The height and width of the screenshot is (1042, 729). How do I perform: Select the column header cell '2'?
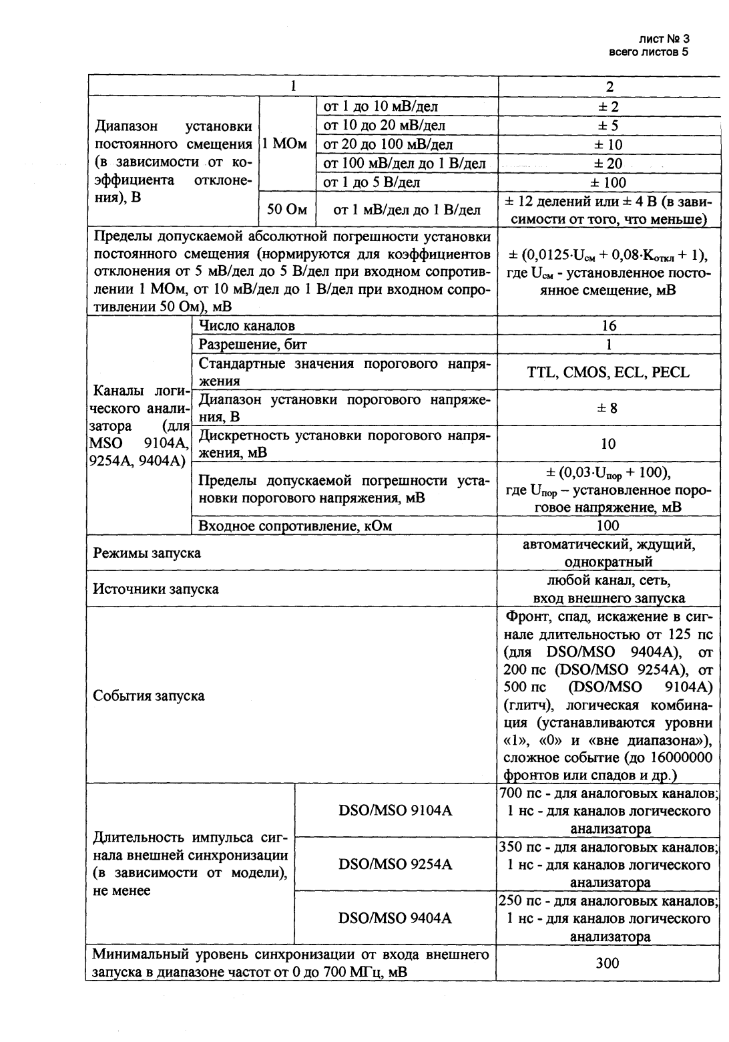[x=608, y=87]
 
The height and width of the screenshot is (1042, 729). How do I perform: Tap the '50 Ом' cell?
[x=287, y=210]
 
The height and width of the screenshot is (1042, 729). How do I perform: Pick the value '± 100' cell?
[x=608, y=182]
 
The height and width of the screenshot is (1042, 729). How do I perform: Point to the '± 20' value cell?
[x=608, y=164]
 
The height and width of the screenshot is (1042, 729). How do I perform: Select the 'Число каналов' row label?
[x=247, y=326]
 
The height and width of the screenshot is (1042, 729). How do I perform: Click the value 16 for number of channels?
[x=608, y=326]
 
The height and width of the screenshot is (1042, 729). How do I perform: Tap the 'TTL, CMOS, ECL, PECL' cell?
[x=608, y=373]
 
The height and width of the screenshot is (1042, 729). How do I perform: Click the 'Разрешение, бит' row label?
[x=253, y=345]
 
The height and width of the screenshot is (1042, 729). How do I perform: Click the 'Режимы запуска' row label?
[x=147, y=553]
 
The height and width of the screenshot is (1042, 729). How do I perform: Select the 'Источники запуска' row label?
[x=156, y=589]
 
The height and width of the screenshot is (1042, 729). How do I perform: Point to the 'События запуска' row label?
[x=149, y=695]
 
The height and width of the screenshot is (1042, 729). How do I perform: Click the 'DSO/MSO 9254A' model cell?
[x=395, y=864]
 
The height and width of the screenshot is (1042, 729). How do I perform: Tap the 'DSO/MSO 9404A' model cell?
[x=395, y=918]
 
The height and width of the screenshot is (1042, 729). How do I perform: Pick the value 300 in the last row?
[x=608, y=963]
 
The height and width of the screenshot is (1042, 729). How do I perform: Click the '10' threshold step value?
[x=608, y=444]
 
